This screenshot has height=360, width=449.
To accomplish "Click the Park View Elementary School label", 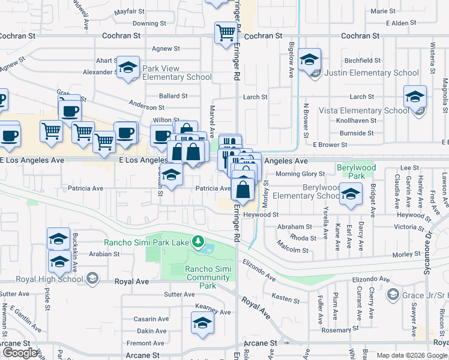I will (x=177, y=73).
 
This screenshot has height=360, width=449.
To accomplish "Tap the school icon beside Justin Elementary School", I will (x=310, y=60).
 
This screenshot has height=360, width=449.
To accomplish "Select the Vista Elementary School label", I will (x=364, y=110).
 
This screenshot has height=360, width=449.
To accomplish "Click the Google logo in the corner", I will (x=20, y=353).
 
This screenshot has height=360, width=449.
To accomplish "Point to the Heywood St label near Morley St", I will (x=262, y=214).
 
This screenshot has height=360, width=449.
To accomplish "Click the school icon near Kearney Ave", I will (x=202, y=324).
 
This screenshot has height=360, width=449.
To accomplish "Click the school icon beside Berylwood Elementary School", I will (x=351, y=193).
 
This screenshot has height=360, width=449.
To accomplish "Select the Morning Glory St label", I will (x=300, y=174).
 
